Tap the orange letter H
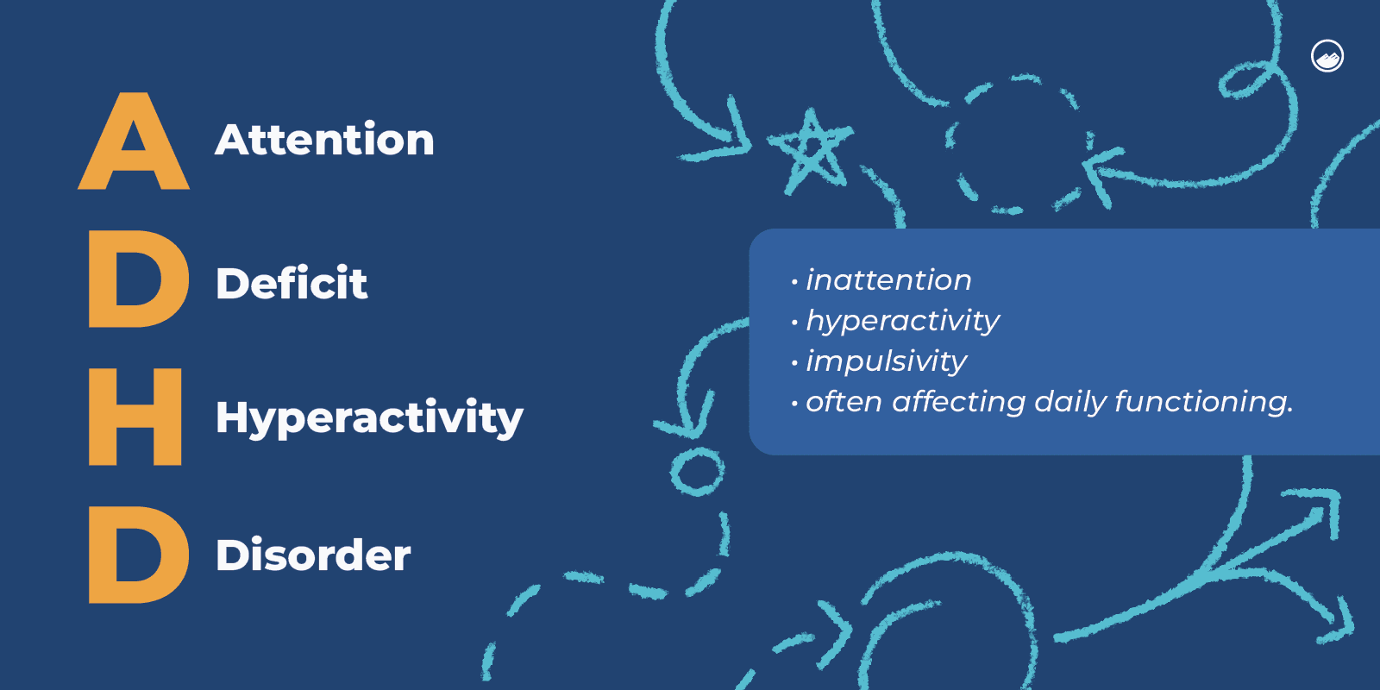pos(135,417)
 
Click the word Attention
pos(324,140)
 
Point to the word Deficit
pos(292,283)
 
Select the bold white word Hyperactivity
pos(369,418)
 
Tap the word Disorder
pos(313,555)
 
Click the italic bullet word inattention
pos(888,280)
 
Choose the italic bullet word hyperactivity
pos(902,321)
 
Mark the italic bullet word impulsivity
pos(886,361)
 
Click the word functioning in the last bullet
pos(1203,402)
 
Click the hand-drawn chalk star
pos(808,151)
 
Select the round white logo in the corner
pos(1327,56)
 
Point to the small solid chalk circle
pos(697,471)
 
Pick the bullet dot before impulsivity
pos(794,363)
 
